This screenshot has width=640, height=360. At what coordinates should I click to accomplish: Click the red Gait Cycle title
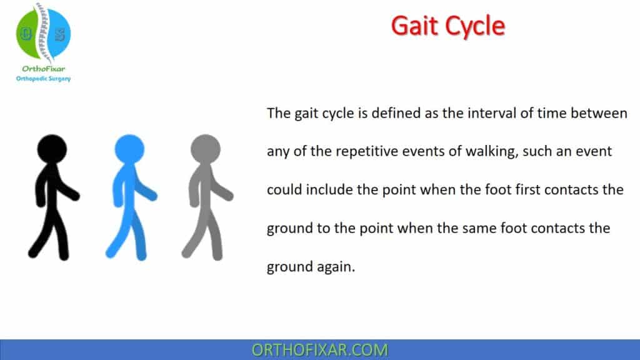coord(447,26)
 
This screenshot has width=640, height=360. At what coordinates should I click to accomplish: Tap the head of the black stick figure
coord(52,149)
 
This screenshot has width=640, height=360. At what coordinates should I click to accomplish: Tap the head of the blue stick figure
coord(129,149)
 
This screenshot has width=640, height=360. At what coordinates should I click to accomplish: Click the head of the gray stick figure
coord(206,149)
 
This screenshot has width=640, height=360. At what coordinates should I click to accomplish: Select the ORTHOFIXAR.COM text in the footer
coord(320,349)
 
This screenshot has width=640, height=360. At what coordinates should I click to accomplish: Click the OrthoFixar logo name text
coord(42,68)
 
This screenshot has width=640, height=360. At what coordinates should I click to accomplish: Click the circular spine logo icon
coord(43,34)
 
